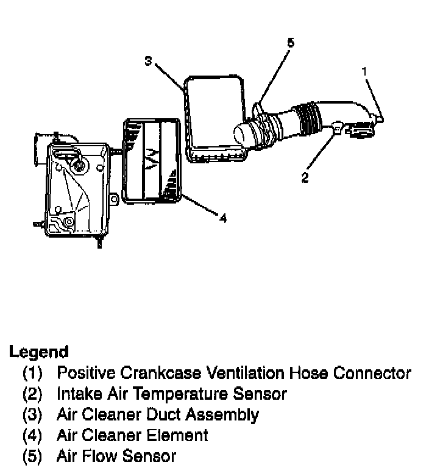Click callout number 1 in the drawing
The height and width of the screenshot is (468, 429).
(x=364, y=71)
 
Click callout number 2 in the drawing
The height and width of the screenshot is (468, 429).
(x=305, y=177)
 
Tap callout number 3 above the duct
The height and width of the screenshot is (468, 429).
(x=148, y=60)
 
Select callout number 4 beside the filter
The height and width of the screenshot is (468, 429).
(x=223, y=218)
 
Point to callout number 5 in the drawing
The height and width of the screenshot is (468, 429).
(x=290, y=43)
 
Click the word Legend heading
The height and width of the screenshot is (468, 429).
(x=38, y=352)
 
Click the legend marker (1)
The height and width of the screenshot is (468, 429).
(x=32, y=373)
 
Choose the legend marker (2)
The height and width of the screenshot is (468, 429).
(x=32, y=394)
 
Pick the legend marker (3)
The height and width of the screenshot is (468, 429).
(x=32, y=415)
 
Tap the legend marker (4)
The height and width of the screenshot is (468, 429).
(x=32, y=436)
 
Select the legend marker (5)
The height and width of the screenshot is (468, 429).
(x=32, y=456)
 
